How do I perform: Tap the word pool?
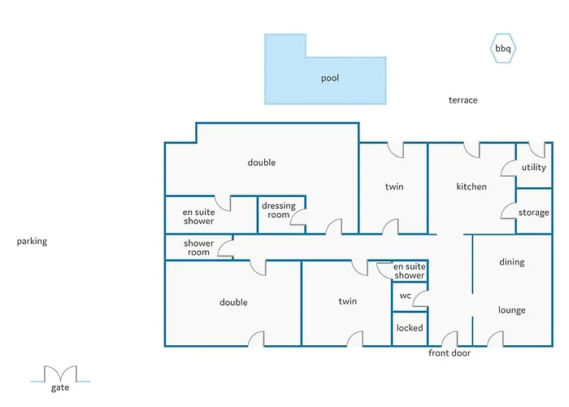point(330,78)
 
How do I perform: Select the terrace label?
point(463,100)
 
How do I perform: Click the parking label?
point(32,241)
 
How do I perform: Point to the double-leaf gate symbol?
point(61,373)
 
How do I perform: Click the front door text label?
point(450,352)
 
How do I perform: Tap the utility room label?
point(534,167)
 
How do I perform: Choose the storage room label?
point(533,212)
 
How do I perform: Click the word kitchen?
point(471,186)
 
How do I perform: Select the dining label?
point(511,262)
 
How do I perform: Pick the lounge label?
point(511,310)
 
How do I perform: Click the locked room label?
point(410,328)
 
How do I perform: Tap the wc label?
point(406,295)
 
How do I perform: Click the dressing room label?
point(279,210)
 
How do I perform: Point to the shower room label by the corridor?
point(198,247)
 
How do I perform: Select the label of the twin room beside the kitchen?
point(394,186)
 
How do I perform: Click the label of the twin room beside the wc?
point(348,301)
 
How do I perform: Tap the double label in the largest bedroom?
point(261,163)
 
